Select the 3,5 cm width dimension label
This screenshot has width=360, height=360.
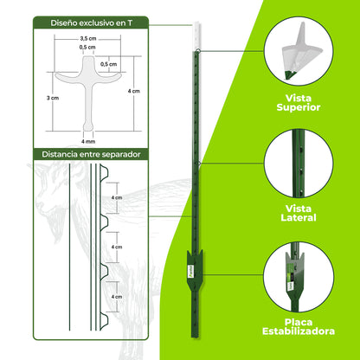[x=87, y=39]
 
